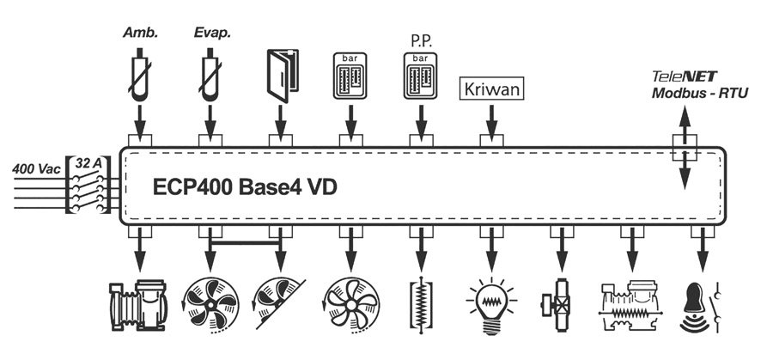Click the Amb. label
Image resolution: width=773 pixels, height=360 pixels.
click(x=138, y=34)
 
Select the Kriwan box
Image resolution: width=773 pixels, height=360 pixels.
click(x=492, y=88)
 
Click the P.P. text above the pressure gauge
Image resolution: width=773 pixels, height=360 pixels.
click(x=420, y=40)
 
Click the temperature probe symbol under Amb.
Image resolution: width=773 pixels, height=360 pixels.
click(x=138, y=77)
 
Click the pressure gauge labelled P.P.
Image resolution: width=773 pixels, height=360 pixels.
click(x=420, y=81)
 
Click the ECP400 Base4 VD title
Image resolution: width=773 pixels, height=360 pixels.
click(x=244, y=186)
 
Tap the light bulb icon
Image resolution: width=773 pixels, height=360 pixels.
click(x=491, y=306)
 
